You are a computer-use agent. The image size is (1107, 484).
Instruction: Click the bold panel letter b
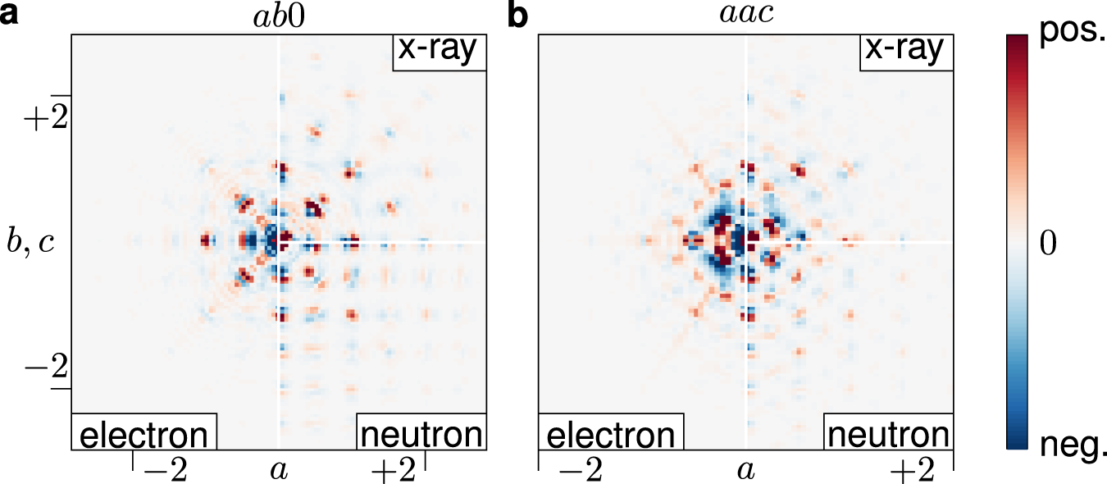(519, 16)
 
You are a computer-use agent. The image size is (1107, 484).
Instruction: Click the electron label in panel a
(143, 433)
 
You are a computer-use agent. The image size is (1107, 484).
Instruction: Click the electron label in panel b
(610, 433)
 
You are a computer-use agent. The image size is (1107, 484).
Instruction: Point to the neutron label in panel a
(422, 433)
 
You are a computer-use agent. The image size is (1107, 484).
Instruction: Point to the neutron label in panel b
(888, 433)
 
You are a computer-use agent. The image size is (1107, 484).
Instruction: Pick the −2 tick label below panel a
(164, 471)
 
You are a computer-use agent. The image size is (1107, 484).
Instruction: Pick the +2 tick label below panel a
(394, 471)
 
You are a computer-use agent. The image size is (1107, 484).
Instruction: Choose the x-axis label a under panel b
(745, 471)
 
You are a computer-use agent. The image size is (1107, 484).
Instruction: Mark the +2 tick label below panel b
(912, 471)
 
